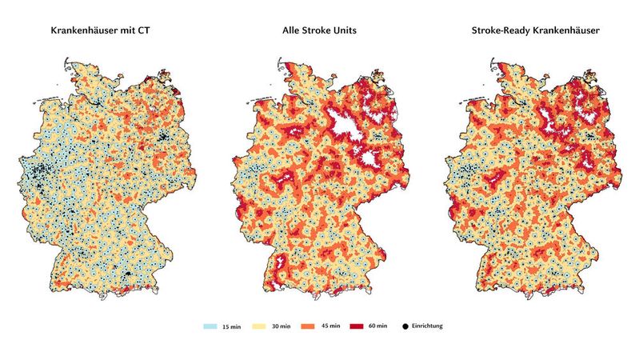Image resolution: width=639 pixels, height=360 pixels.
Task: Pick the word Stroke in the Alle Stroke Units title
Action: pyautogui.click(x=319, y=31)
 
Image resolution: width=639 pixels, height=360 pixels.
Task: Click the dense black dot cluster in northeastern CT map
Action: pyautogui.click(x=169, y=137)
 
